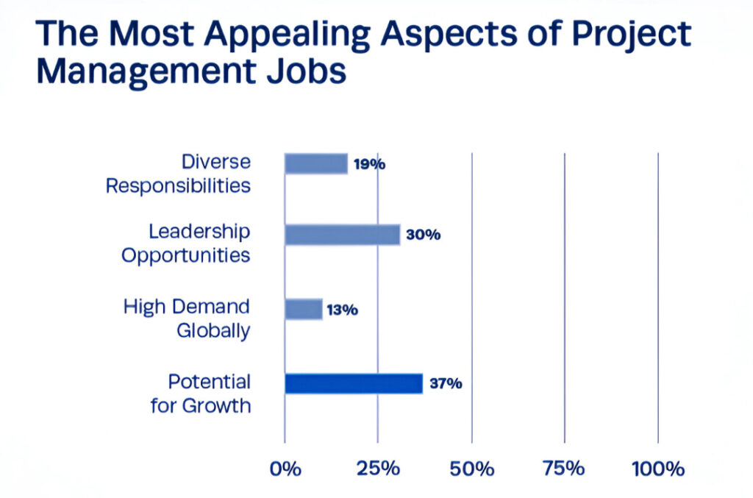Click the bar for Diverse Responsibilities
click(316, 163)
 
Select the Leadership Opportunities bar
click(343, 235)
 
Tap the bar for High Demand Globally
click(304, 309)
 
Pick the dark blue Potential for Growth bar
click(354, 383)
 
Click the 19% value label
click(368, 164)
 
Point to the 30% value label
click(422, 235)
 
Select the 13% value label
click(342, 310)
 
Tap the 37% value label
click(445, 384)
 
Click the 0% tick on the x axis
click(285, 469)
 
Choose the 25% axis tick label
click(378, 469)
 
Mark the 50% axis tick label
click(472, 469)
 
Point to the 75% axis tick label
click(565, 469)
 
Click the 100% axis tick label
click(658, 469)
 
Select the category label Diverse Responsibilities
click(179, 174)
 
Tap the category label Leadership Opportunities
click(186, 243)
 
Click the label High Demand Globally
click(187, 318)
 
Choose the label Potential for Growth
click(201, 394)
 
